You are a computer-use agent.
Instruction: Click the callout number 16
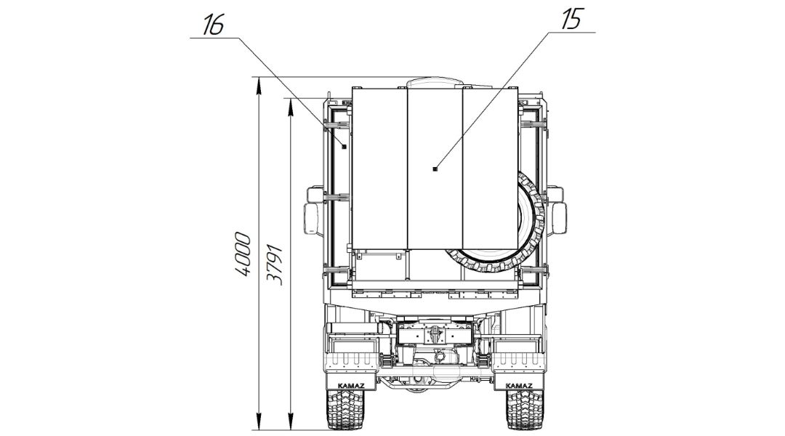point(213,25)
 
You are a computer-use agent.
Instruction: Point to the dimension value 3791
point(275,265)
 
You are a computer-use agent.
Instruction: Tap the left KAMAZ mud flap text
point(351,385)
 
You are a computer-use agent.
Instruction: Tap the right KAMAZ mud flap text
point(519,385)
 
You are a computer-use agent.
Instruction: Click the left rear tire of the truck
point(345,409)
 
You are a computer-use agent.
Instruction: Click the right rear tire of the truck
point(525,409)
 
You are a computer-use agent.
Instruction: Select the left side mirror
point(311,219)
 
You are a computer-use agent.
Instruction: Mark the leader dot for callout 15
point(435,169)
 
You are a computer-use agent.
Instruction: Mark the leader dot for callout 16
point(344,146)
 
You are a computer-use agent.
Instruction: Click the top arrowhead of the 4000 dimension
point(258,85)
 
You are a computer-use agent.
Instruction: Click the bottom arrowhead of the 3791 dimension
point(290,422)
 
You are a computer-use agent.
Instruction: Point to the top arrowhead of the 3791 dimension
point(290,106)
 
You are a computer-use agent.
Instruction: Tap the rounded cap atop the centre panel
point(435,82)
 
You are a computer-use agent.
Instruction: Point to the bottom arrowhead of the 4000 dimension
point(258,422)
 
